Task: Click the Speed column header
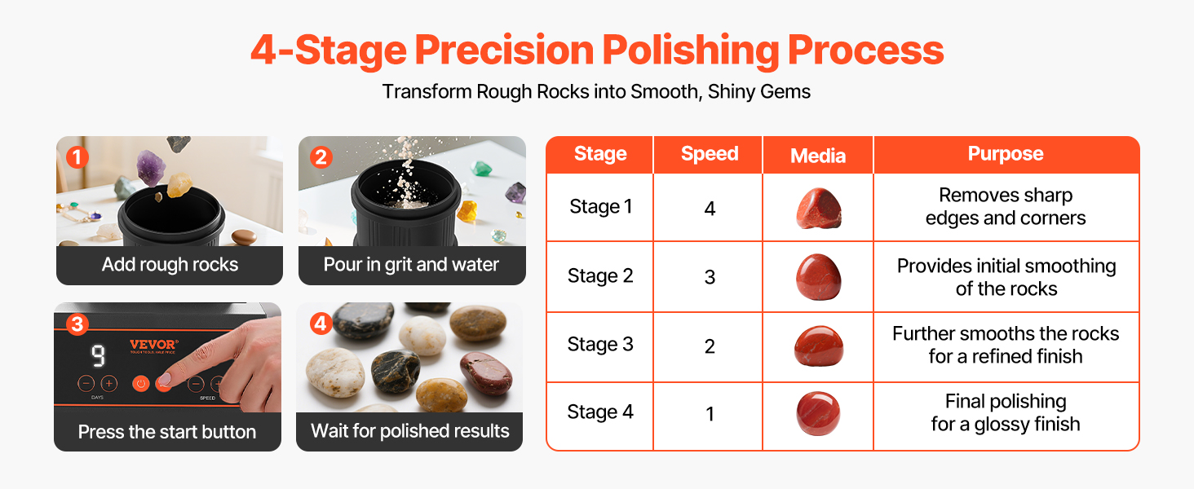coord(710,154)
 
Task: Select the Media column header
coord(818,156)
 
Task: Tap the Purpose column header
coord(1006,154)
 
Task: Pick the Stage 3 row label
coord(600,345)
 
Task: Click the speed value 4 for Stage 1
coord(710,209)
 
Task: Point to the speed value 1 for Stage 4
coord(710,414)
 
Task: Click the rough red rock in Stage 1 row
coord(818,209)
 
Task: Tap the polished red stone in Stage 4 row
coord(818,413)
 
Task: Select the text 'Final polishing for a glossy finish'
coord(1006,412)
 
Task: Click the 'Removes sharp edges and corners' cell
coord(1006,207)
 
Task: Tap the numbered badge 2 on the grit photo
coord(321,157)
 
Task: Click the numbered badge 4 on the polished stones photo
coord(321,324)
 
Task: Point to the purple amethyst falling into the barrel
coord(152,167)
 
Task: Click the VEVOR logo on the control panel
coord(153,345)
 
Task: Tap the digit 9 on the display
coord(98,356)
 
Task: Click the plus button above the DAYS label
coord(108,383)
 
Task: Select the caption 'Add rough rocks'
coord(170,265)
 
